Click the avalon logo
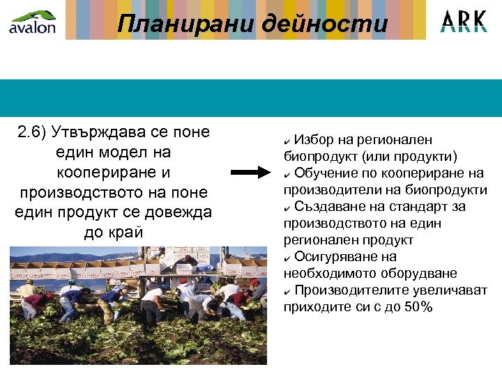click(x=31, y=21)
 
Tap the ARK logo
click(x=464, y=22)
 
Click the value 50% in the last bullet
click(x=418, y=306)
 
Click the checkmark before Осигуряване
click(x=287, y=257)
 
